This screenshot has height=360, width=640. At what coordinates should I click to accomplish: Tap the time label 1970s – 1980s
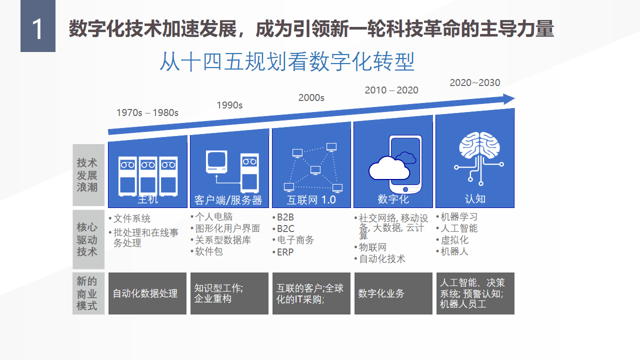click(x=147, y=112)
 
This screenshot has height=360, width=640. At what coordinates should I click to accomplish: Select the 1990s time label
click(x=229, y=105)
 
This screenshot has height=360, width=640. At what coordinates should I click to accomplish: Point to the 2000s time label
click(x=311, y=98)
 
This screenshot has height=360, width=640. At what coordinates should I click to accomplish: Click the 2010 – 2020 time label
click(x=391, y=90)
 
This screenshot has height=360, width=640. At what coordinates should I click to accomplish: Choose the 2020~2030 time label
click(x=474, y=83)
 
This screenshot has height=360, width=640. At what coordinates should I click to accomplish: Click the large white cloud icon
click(x=388, y=168)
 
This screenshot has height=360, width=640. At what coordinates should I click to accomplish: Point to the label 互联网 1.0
click(x=311, y=200)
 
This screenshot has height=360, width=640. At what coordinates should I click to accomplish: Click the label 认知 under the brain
click(x=474, y=198)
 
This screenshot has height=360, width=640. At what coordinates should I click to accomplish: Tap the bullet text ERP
click(x=285, y=252)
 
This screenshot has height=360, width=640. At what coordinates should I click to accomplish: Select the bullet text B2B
click(x=285, y=217)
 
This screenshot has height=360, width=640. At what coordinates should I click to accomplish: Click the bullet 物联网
click(x=372, y=247)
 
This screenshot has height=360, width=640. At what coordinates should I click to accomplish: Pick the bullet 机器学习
click(x=458, y=217)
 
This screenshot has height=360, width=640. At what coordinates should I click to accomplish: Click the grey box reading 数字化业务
click(x=393, y=293)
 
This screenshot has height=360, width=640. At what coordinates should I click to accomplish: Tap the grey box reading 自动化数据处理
click(x=147, y=293)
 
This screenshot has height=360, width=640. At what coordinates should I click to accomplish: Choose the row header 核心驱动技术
click(x=88, y=239)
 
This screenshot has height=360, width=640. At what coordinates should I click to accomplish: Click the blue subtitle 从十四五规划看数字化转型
click(x=287, y=62)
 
